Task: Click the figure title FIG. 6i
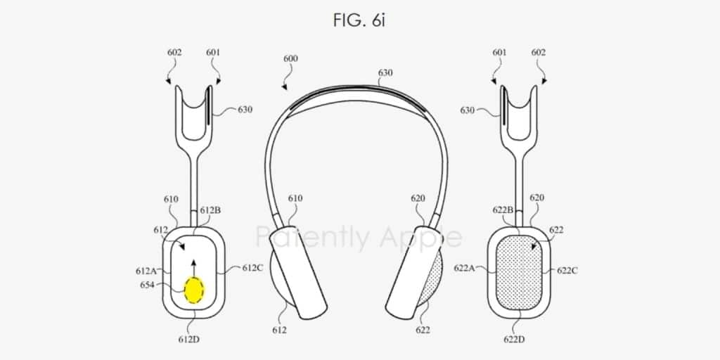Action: [x=359, y=20]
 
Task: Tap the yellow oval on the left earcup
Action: [x=193, y=288]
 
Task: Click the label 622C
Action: [x=568, y=270]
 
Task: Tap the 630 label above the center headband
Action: [x=385, y=72]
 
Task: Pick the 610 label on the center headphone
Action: [x=295, y=198]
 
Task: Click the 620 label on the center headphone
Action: [x=418, y=198]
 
